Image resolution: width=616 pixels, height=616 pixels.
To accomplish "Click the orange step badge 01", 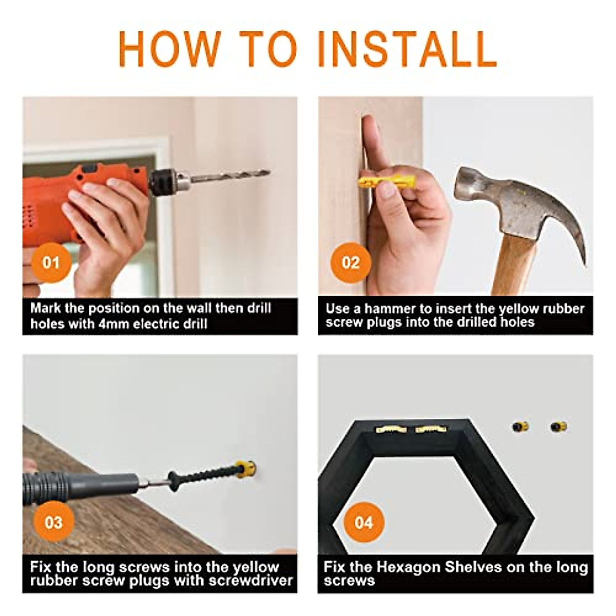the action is [51, 262].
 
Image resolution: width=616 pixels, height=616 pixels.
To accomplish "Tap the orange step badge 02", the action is [351, 262].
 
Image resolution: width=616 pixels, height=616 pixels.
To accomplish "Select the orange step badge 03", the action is [54, 523].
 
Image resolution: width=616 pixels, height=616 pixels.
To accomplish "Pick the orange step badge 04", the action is [364, 523].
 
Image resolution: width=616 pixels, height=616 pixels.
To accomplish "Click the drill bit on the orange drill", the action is [230, 176].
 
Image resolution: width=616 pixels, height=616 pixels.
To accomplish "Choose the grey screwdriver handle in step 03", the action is [80, 487].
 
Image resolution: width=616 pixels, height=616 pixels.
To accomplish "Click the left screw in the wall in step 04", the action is [520, 426].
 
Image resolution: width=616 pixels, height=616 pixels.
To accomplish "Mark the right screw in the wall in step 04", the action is [559, 427].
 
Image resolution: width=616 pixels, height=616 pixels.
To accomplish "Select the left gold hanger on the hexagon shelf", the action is [391, 429].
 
